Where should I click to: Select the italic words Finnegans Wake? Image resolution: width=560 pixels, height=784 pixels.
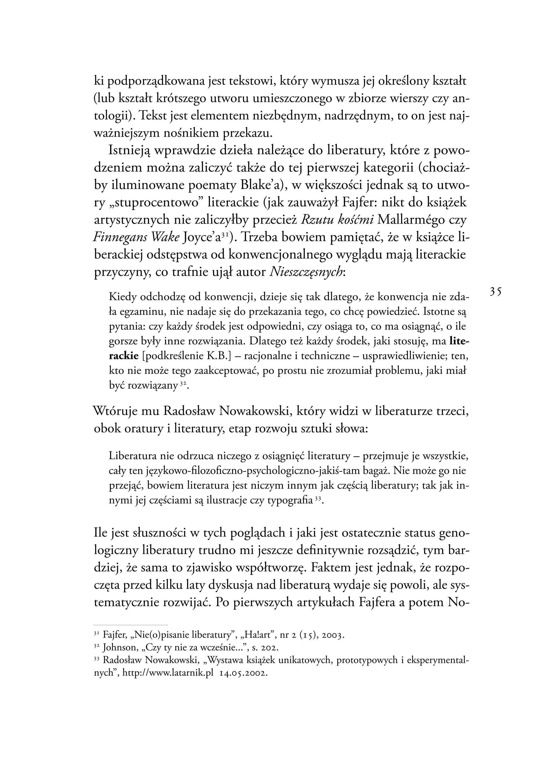tap(136, 238)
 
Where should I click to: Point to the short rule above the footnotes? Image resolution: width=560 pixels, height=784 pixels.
tap(131, 625)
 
